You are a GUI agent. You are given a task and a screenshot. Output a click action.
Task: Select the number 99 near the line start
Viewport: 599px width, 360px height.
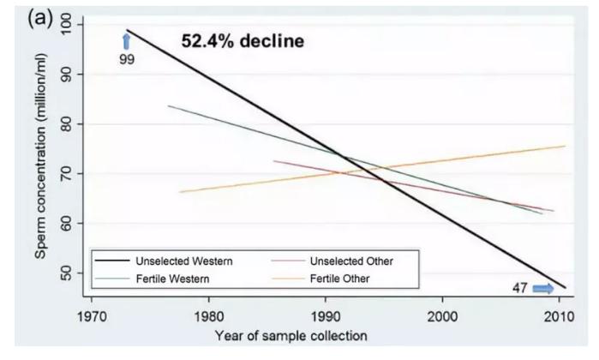(x=126, y=61)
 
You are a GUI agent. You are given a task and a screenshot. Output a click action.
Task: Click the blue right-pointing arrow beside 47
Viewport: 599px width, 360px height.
(x=543, y=288)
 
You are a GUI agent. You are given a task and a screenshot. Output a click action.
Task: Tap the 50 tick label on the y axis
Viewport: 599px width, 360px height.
(x=69, y=273)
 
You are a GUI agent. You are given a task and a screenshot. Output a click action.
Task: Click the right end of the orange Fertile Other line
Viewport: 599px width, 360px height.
(x=565, y=146)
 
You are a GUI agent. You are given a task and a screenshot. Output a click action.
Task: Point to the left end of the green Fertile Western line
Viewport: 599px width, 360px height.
(x=169, y=105)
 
